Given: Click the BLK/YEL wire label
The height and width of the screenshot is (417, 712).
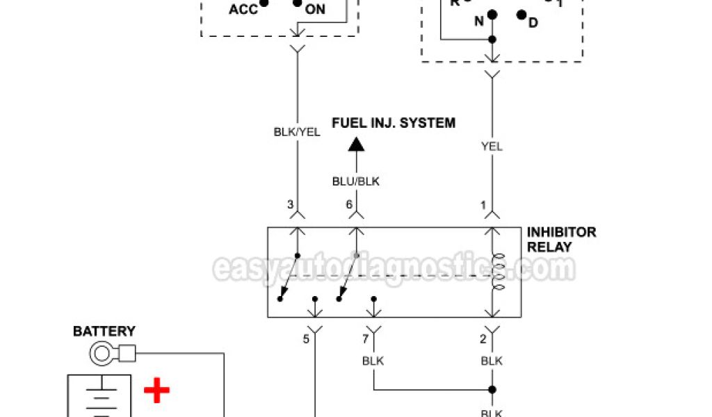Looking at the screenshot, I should click(298, 131).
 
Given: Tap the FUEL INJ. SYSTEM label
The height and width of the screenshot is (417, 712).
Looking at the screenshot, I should click(394, 123).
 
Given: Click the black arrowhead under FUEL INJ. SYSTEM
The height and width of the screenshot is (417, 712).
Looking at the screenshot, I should click(356, 144).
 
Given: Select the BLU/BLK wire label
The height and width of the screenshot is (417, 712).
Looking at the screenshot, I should click(357, 181).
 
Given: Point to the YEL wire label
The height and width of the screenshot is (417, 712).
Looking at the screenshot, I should click(492, 147).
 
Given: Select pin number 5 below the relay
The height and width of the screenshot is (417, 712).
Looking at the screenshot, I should click(306, 340).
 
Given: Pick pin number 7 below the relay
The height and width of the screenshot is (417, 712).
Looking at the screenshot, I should click(365, 340).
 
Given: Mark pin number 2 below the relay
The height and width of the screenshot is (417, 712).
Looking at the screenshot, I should click(484, 340).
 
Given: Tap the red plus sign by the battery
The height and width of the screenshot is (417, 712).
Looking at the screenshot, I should click(156, 391).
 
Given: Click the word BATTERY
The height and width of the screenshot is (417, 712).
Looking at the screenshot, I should click(104, 332).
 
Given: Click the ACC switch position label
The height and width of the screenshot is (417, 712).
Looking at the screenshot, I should click(243, 10).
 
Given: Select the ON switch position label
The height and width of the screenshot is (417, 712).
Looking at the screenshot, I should click(315, 10).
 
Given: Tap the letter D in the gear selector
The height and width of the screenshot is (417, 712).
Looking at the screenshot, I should click(533, 23).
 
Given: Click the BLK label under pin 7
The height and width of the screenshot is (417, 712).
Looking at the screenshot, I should click(373, 361).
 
